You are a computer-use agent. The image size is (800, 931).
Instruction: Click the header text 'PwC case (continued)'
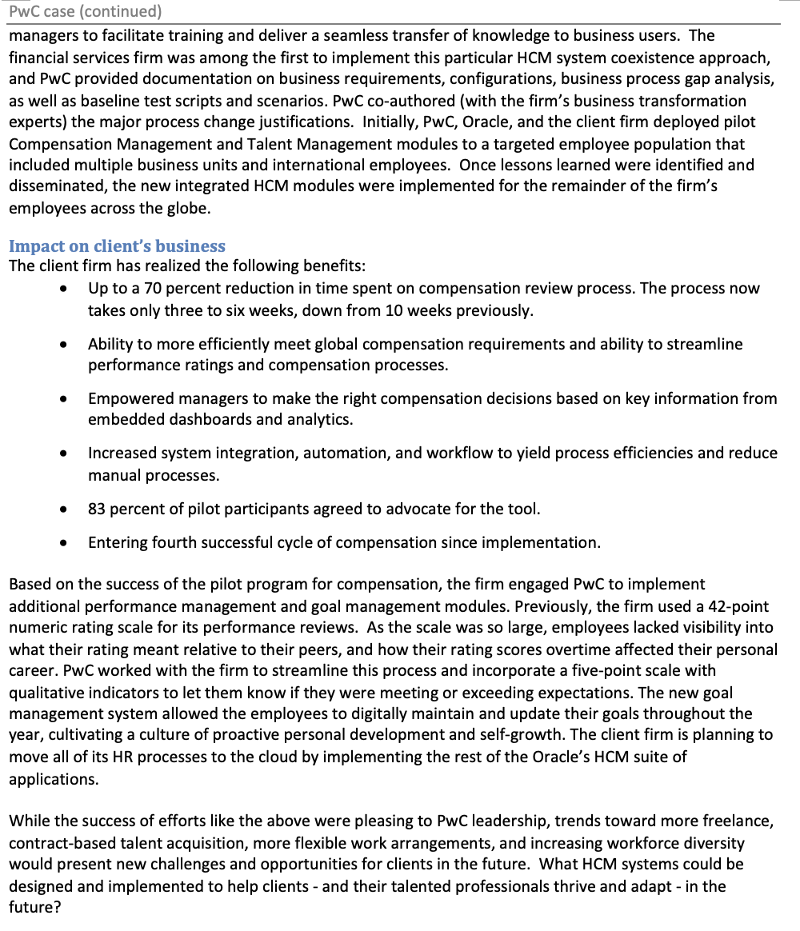pyautogui.click(x=85, y=11)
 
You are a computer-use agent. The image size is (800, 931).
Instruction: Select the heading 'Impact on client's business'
pyautogui.click(x=117, y=246)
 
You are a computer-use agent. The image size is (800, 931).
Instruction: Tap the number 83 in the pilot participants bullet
pyautogui.click(x=98, y=509)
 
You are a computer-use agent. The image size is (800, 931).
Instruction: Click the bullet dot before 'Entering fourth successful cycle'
pyautogui.click(x=63, y=543)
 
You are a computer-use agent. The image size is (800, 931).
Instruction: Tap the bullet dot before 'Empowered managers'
pyautogui.click(x=63, y=398)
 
